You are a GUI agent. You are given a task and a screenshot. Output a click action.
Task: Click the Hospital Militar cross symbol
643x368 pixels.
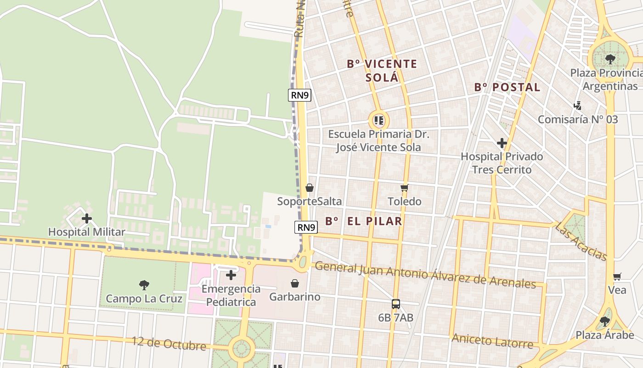point(86,218)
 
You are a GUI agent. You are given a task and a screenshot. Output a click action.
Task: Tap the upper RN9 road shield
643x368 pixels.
point(300,95)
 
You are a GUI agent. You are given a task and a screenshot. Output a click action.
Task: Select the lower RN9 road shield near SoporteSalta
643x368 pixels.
point(306,227)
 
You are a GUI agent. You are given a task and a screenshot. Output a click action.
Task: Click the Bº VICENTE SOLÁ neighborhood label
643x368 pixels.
point(382,70)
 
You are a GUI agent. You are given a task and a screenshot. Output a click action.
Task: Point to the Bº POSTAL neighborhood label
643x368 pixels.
point(507,87)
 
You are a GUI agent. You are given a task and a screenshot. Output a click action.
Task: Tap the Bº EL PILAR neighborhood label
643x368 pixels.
point(364,221)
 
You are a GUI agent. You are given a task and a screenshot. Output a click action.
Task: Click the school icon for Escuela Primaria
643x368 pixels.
point(378,121)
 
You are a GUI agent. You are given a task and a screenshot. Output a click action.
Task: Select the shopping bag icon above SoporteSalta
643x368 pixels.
point(310,188)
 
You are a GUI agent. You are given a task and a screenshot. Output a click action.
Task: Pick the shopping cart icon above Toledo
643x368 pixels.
point(404,188)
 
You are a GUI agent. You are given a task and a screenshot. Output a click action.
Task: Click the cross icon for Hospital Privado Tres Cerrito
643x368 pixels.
point(502,143)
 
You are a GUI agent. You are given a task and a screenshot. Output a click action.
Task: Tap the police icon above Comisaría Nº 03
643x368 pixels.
point(578,106)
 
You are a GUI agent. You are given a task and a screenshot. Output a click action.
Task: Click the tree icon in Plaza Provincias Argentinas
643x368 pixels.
point(610,59)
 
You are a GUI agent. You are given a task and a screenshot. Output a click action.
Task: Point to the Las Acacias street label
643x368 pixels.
point(581,241)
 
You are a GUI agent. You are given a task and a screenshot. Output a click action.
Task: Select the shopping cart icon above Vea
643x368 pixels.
point(617,276)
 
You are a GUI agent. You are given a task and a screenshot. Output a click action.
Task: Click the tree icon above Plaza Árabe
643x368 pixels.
point(605,321)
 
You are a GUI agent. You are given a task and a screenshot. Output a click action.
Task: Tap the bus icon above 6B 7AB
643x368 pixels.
point(395,304)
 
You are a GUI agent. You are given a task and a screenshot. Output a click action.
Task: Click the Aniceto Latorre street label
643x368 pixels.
point(492,341)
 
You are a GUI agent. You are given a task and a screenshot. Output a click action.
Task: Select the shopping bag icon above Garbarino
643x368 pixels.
point(295,283)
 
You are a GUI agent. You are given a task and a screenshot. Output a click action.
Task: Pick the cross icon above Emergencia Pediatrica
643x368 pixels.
point(231,275)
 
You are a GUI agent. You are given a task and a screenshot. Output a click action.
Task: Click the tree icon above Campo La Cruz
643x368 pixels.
point(144,285)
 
